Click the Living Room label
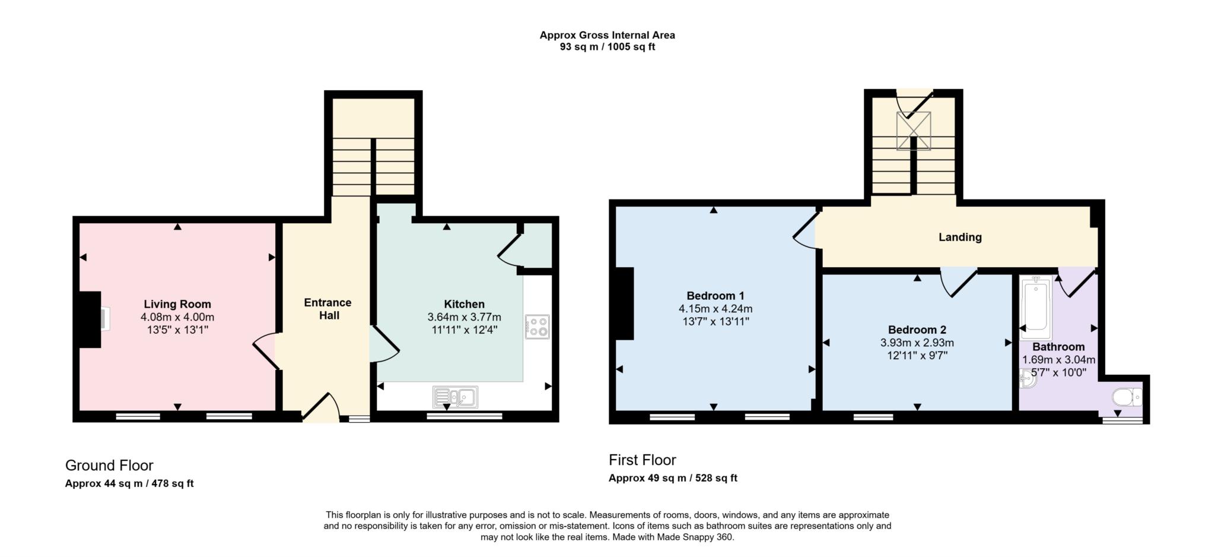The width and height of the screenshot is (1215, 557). (177, 305)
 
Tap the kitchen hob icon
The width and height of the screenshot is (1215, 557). (537, 327)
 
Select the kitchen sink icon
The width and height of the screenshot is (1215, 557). (455, 397)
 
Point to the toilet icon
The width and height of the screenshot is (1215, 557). (1126, 397)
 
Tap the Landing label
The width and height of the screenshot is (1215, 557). (960, 237)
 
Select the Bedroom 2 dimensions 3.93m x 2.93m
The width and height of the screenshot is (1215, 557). (917, 343)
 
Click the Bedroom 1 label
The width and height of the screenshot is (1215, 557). (715, 296)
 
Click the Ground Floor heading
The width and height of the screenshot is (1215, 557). (109, 465)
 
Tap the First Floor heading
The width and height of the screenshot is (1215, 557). (642, 460)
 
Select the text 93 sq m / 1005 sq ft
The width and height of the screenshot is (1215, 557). (607, 47)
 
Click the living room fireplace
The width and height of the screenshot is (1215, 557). (92, 319)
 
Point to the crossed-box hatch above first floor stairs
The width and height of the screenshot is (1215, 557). (913, 131)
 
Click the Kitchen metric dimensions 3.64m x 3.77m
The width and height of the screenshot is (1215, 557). (464, 317)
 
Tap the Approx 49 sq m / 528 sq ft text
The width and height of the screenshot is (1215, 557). (673, 478)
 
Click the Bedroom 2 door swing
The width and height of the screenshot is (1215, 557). (958, 282)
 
